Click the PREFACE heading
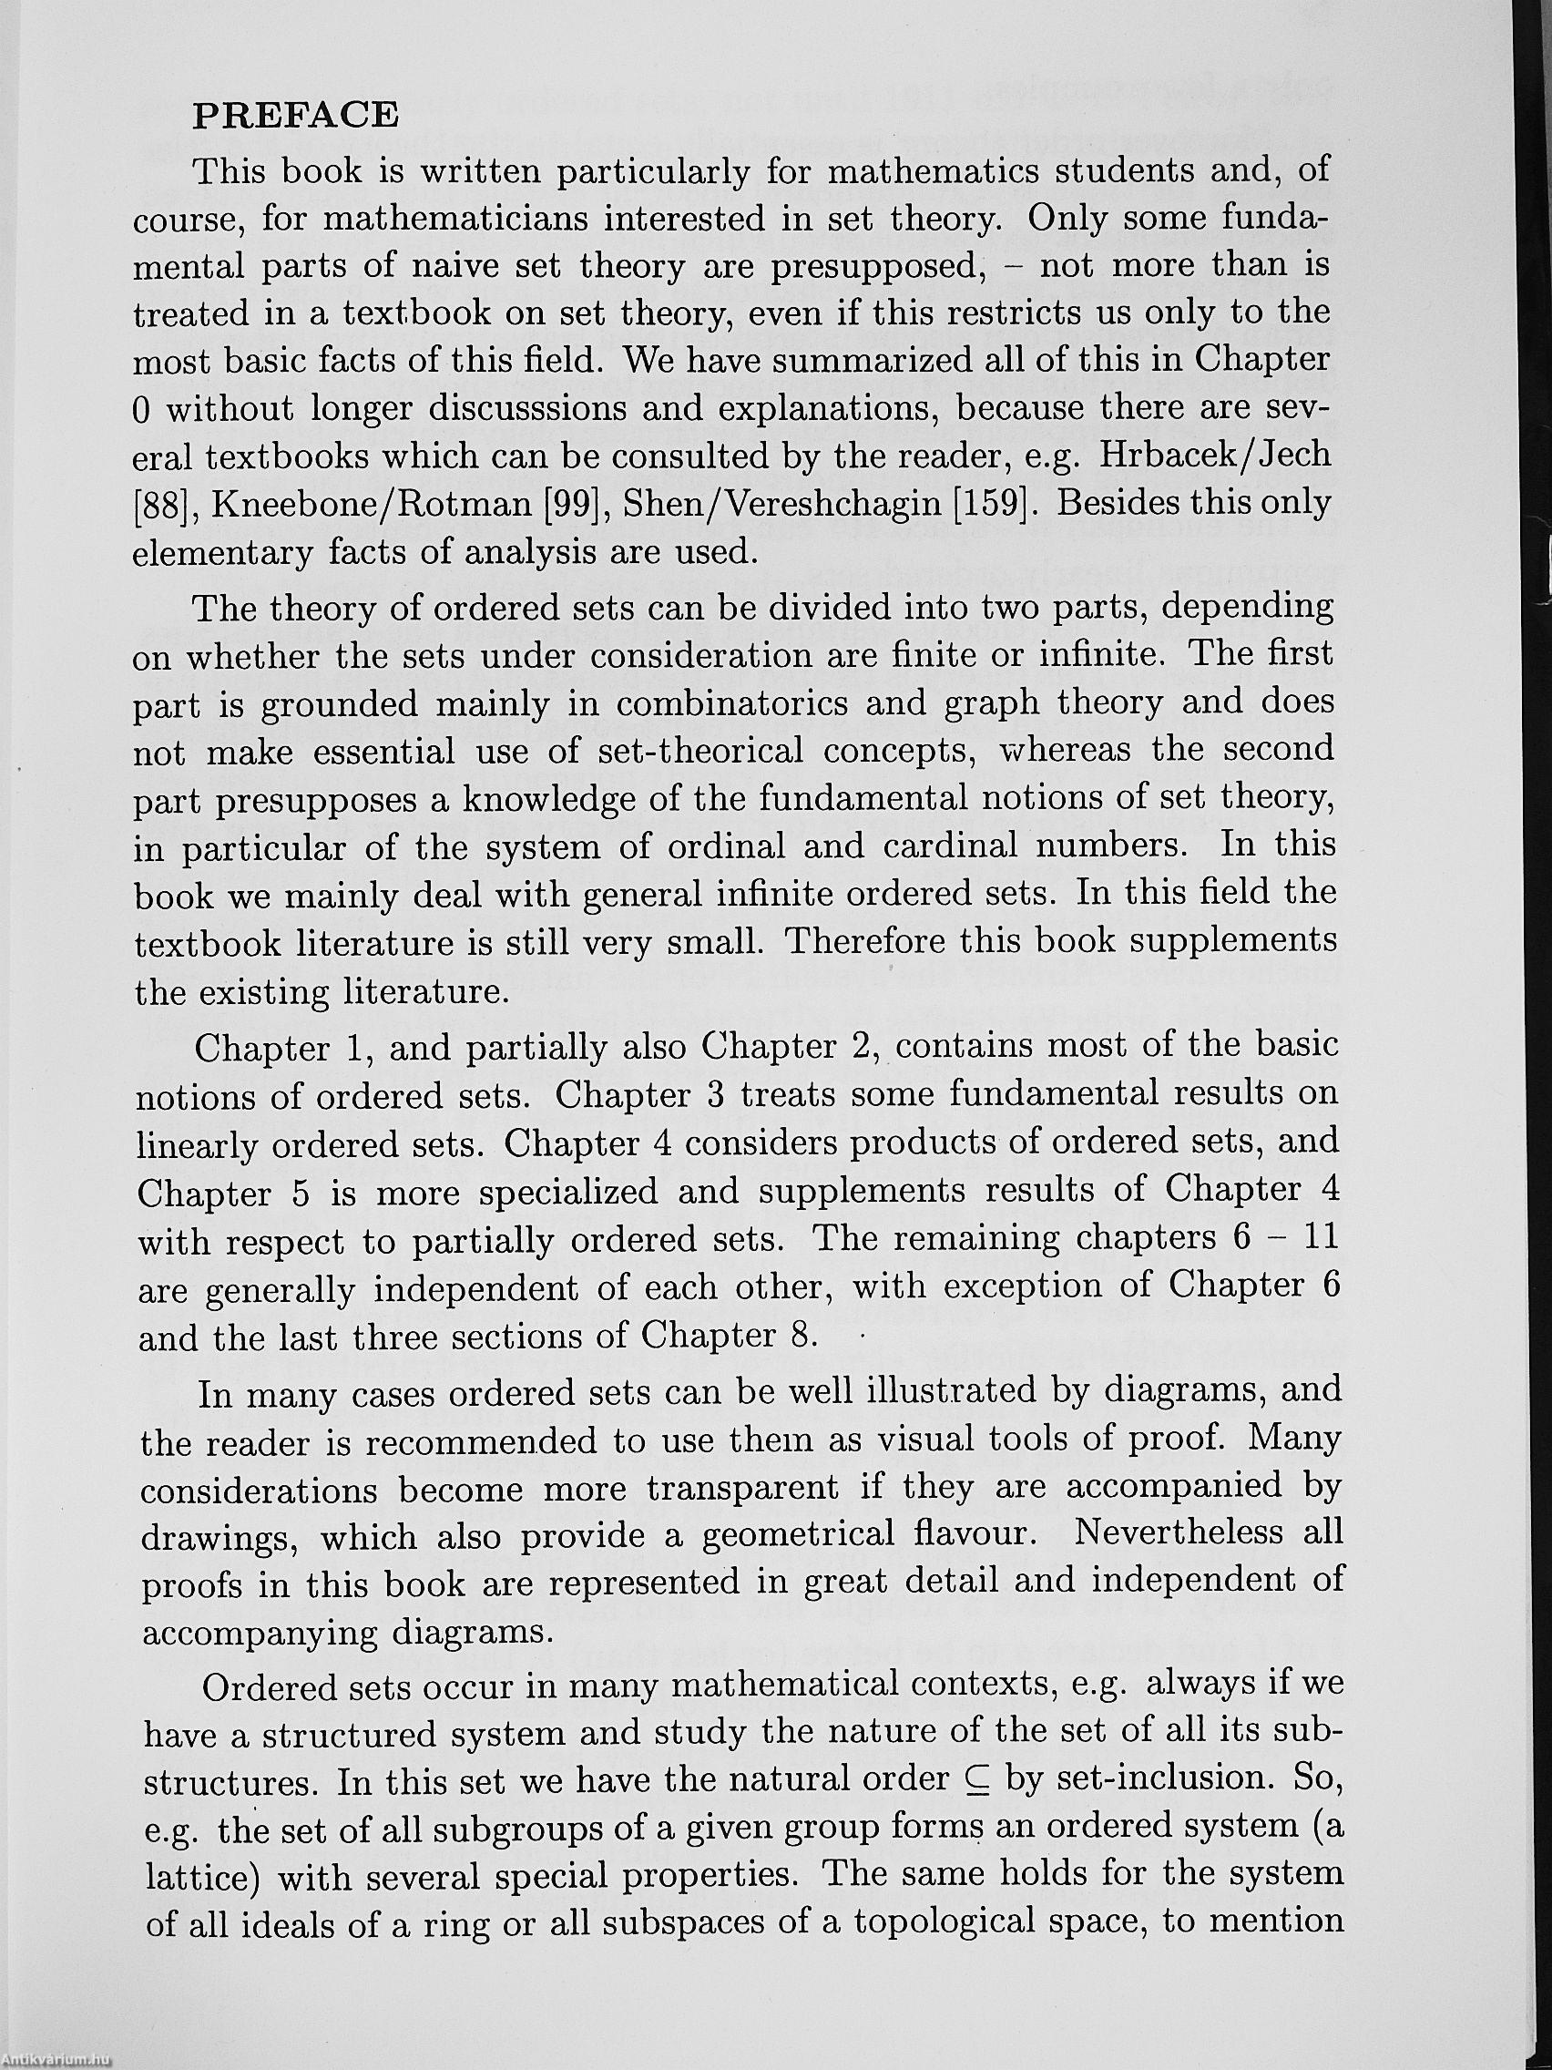296,114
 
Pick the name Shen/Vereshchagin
781,504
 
